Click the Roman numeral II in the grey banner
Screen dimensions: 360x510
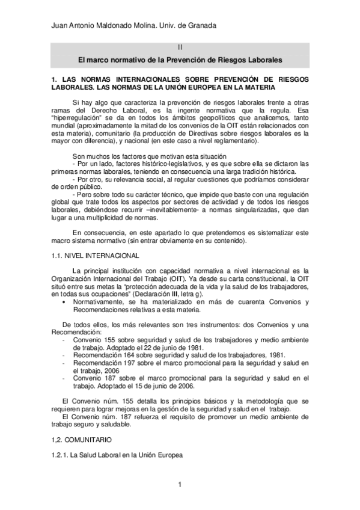click(x=180, y=47)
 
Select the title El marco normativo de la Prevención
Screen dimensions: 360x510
click(x=180, y=60)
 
